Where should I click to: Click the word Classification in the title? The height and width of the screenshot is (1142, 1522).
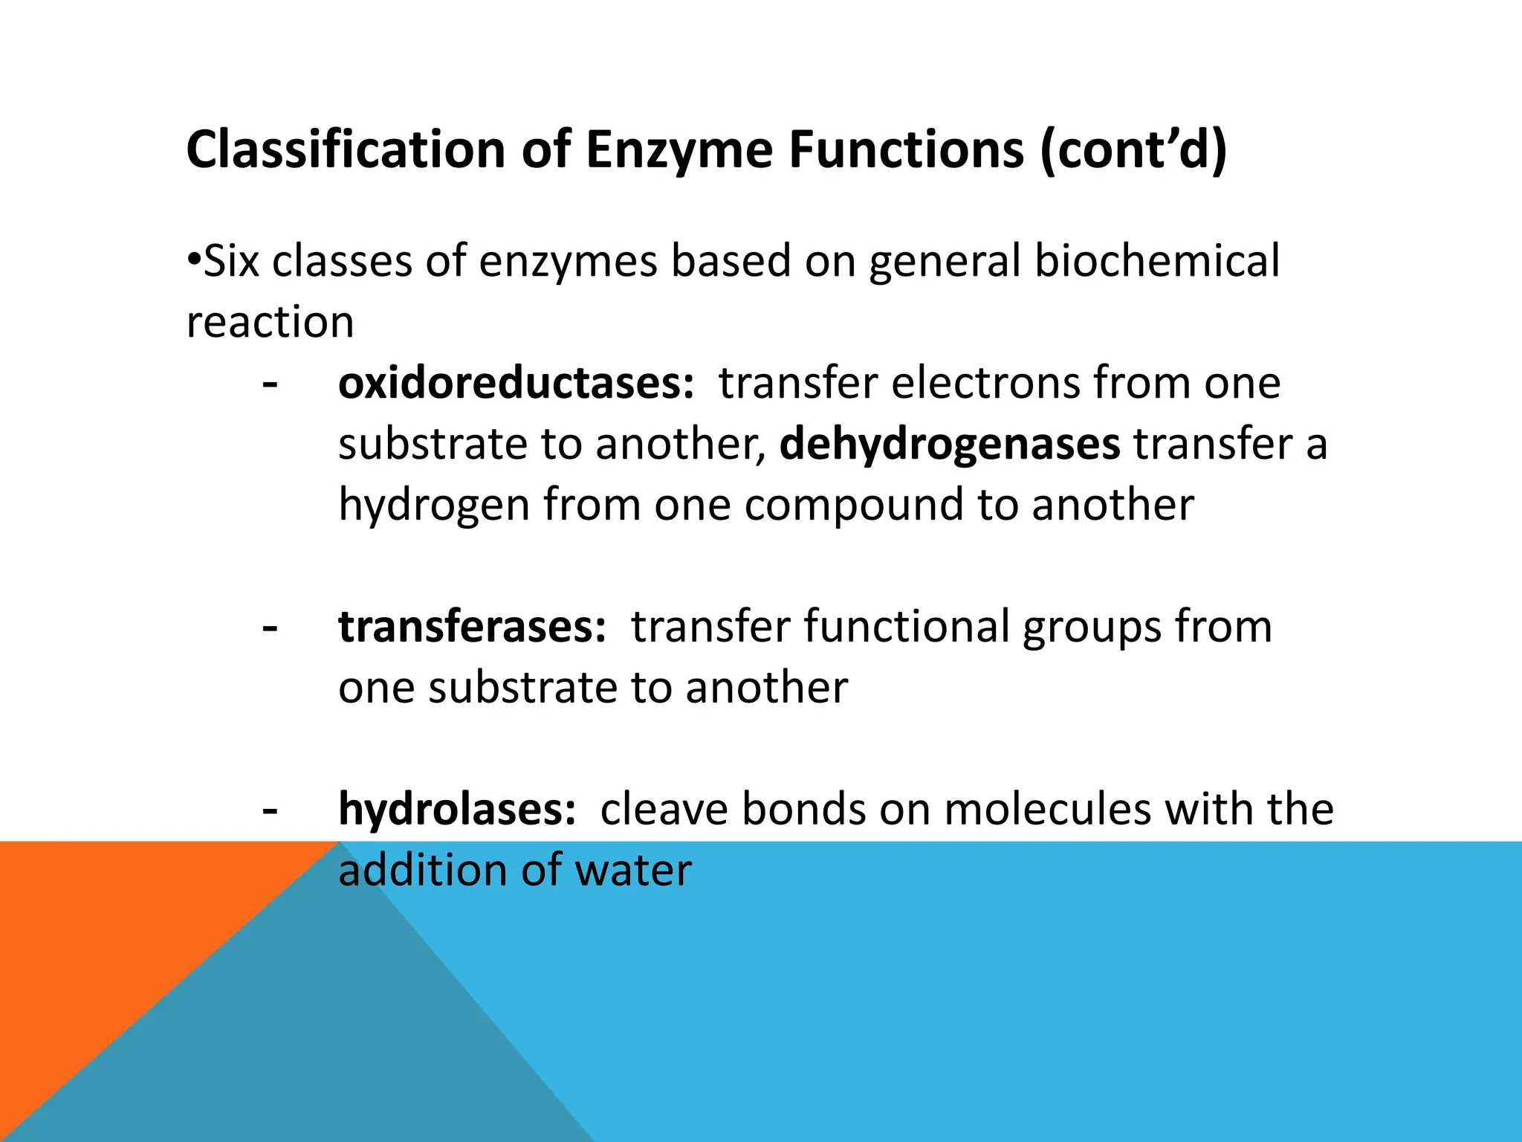[346, 149]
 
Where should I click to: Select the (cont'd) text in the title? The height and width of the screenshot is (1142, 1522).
[1133, 151]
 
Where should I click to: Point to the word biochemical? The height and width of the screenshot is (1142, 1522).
[1156, 262]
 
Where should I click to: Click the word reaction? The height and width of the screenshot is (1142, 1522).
[270, 323]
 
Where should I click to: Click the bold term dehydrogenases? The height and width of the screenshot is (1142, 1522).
[949, 444]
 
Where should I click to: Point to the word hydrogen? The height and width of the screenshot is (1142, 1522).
[434, 506]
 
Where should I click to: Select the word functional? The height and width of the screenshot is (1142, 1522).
[906, 627]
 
